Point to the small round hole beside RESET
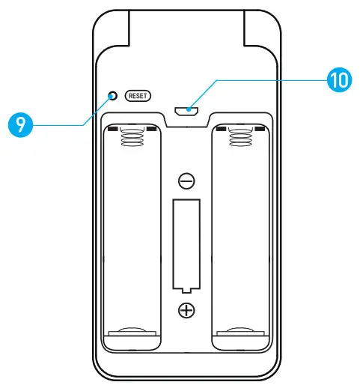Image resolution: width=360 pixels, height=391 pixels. coord(114,95)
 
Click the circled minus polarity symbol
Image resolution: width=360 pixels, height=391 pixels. coord(186,181)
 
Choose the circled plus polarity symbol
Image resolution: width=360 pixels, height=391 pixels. coord(186,310)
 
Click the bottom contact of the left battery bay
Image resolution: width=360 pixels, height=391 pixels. coord(132,330)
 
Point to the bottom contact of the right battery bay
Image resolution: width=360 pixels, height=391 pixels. coord(242,330)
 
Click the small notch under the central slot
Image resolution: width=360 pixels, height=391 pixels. coord(186,288)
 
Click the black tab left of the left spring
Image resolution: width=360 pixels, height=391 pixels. coord(112,129)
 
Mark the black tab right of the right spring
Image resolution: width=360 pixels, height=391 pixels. coord(262,129)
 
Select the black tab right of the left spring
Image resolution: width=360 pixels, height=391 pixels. coord(153,129)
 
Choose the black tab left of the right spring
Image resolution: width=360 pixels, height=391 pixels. coord(222,129)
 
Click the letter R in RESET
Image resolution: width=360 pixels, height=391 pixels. coord(130,96)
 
